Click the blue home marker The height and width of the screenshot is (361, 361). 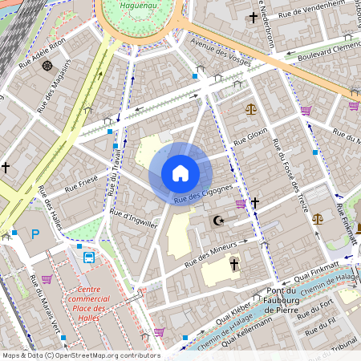point(180,172)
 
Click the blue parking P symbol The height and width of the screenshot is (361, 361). point(34,234)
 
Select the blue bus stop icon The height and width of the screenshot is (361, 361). point(88,258)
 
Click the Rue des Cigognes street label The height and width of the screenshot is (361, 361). point(203,193)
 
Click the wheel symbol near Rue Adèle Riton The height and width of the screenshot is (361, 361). point(47,65)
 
